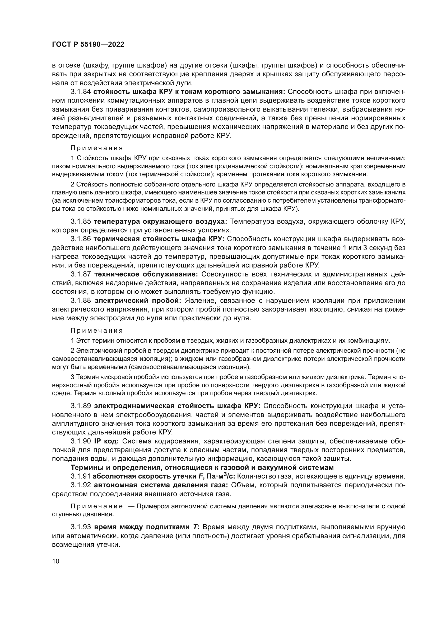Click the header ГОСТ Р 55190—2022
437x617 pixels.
click(x=88, y=45)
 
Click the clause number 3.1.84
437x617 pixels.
click(x=81, y=92)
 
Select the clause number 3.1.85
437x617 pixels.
click(x=81, y=221)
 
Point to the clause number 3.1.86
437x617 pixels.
click(x=81, y=239)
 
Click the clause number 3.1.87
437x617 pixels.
click(x=81, y=274)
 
